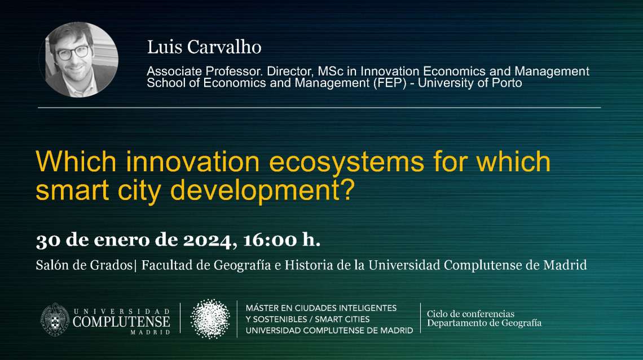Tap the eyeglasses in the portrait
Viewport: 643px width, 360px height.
[72, 53]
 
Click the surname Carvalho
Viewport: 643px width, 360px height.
[224, 47]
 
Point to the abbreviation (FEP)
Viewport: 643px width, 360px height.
[390, 83]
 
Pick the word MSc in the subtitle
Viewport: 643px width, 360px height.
[331, 71]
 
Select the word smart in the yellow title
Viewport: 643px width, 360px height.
[72, 190]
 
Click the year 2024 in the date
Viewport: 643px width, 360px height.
[207, 241]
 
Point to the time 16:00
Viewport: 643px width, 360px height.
[270, 240]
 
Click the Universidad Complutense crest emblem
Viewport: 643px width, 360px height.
[55, 319]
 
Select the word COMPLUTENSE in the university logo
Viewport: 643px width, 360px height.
[121, 322]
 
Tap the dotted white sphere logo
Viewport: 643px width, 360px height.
[210, 319]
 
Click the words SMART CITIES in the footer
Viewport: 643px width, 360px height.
[342, 319]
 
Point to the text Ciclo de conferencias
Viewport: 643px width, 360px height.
[470, 314]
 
